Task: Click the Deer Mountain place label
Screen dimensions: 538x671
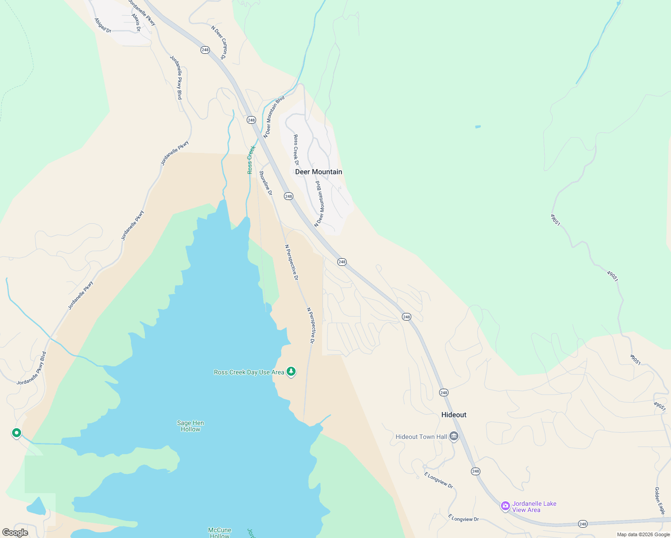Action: (x=318, y=172)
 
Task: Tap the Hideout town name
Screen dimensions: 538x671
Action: (x=453, y=415)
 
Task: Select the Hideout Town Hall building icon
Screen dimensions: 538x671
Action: (x=454, y=436)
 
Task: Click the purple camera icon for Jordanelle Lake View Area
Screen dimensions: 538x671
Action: (x=505, y=506)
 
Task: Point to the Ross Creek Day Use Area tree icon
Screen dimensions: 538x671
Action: (x=291, y=371)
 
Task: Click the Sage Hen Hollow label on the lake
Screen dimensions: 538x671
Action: (x=190, y=426)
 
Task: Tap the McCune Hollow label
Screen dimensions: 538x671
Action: (x=219, y=533)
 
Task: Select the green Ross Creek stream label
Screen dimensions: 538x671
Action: (x=251, y=160)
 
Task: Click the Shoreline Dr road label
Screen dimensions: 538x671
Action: (x=266, y=183)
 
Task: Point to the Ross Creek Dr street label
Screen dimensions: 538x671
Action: (x=296, y=150)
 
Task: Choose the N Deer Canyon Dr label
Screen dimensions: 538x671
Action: (x=219, y=42)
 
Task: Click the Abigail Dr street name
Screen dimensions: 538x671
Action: (x=103, y=25)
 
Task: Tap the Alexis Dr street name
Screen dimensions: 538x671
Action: (x=136, y=22)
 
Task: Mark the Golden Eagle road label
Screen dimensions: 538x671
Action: (x=659, y=500)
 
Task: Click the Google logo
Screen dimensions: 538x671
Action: (x=15, y=533)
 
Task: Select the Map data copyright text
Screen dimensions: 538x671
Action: (x=643, y=534)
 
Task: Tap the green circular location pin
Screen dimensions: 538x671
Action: (x=17, y=433)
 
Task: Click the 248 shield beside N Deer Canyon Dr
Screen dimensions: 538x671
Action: (x=205, y=50)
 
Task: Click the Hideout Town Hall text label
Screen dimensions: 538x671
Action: (x=421, y=437)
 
